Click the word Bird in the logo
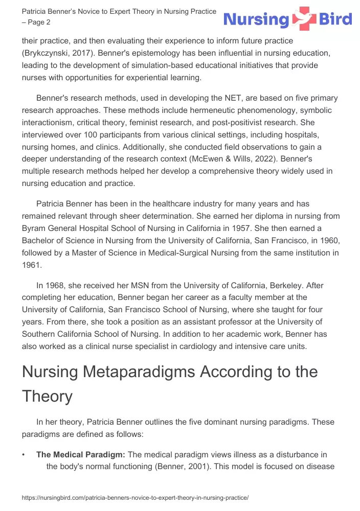point(335,20)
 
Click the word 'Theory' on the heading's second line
point(48,396)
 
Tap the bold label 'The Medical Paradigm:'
point(80,454)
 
